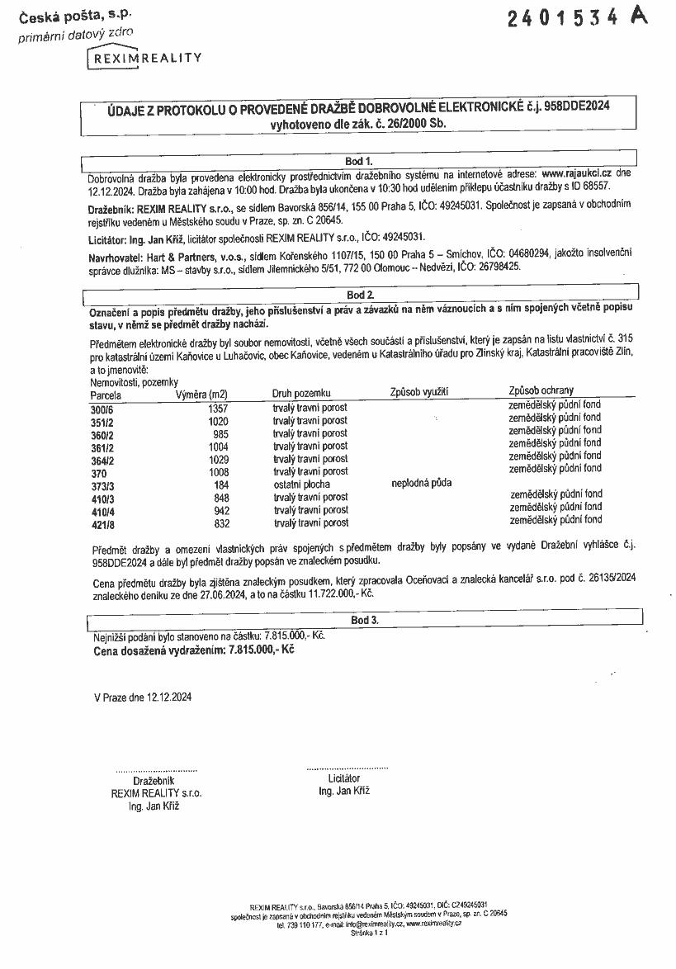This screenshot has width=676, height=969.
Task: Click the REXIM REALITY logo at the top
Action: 145,58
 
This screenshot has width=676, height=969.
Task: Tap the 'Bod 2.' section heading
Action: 360,295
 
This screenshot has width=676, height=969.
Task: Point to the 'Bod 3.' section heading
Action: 364,619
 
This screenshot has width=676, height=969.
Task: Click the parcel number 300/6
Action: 101,408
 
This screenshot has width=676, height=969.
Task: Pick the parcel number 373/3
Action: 101,484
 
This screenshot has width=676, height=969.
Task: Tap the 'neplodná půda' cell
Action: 421,484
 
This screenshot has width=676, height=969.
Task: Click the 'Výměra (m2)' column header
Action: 201,394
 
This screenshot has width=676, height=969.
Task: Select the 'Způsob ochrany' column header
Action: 541,390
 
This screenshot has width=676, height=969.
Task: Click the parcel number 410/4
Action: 101,511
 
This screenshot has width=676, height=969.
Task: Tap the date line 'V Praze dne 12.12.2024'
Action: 143,697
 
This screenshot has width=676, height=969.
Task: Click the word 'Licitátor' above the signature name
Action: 343,778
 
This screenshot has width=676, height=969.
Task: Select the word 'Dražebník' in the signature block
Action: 154,780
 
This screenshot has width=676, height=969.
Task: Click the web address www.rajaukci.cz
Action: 576,174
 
